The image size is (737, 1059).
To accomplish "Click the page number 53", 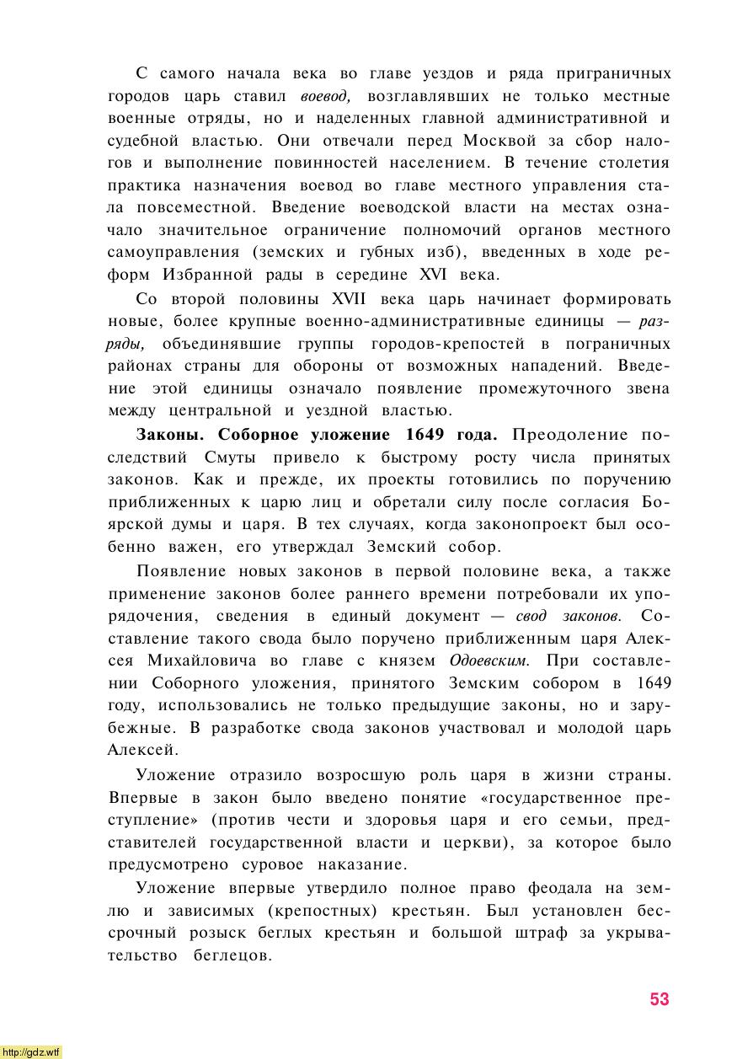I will point(659,998).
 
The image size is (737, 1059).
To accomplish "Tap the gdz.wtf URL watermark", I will point(31,1051).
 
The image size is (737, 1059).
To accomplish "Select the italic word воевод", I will point(325,96).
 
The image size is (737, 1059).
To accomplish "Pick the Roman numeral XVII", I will point(352,299).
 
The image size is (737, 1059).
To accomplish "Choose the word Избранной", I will point(208,275).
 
